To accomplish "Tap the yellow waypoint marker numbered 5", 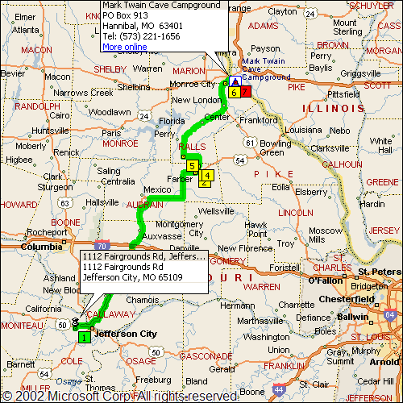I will (191, 166).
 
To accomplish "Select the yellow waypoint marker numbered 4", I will (207, 175).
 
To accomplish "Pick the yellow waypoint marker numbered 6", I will (233, 93).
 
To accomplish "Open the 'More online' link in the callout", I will (125, 47).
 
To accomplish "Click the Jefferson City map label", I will (123, 332).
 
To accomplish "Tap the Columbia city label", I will (41, 247).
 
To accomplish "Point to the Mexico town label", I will (158, 189).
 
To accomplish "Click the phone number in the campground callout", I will (141, 36).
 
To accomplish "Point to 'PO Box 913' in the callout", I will (126, 15).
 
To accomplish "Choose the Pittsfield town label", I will (343, 93).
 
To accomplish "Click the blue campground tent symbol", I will (235, 81).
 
